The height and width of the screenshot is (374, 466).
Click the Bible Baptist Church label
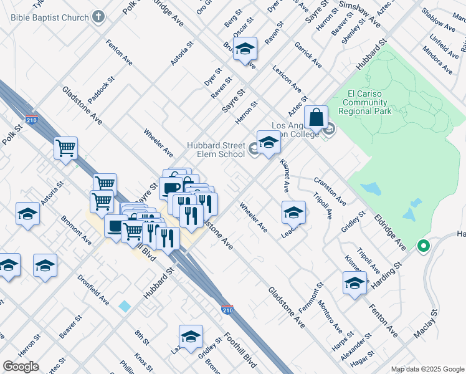point(49,17)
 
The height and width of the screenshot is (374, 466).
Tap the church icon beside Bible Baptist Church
point(98,17)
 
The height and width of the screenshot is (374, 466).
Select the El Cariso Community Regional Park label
point(365,102)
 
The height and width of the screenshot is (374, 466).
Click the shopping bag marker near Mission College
point(316,117)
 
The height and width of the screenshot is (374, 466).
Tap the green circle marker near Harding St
point(424,247)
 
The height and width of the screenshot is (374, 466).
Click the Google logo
point(21,367)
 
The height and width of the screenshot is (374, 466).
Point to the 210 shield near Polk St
point(31,120)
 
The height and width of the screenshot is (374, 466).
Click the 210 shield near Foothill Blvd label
point(229,309)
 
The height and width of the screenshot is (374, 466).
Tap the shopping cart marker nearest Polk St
point(65,149)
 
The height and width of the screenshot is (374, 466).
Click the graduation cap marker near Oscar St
point(245,50)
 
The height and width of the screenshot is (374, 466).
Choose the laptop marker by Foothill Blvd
point(115,226)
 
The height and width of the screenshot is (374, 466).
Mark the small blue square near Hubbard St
point(125,306)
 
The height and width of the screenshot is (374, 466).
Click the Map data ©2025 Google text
point(427,368)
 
